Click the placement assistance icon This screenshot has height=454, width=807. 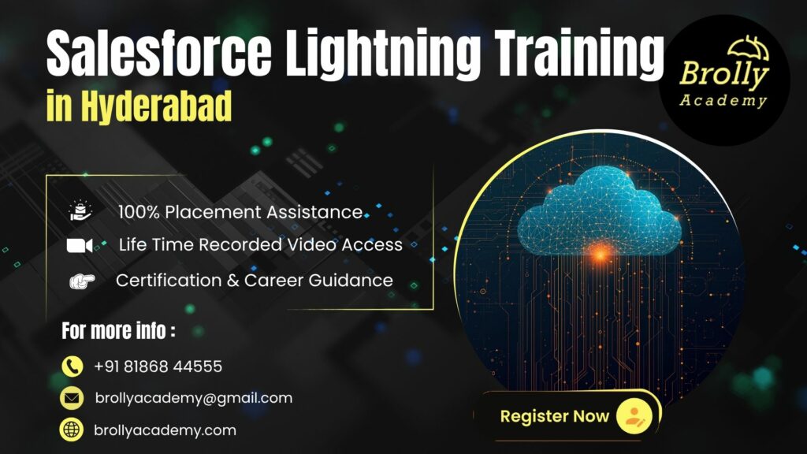[80, 210]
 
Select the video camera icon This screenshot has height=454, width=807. [80, 245]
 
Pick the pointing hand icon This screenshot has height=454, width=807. [80, 281]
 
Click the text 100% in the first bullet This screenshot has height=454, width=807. [139, 211]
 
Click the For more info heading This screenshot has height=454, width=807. [119, 331]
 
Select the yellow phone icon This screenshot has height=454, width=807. [73, 367]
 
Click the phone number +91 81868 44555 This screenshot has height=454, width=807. [158, 367]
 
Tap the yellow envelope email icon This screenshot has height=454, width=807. [73, 399]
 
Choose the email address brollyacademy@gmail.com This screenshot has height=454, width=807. [193, 398]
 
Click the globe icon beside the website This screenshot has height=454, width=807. [73, 430]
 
